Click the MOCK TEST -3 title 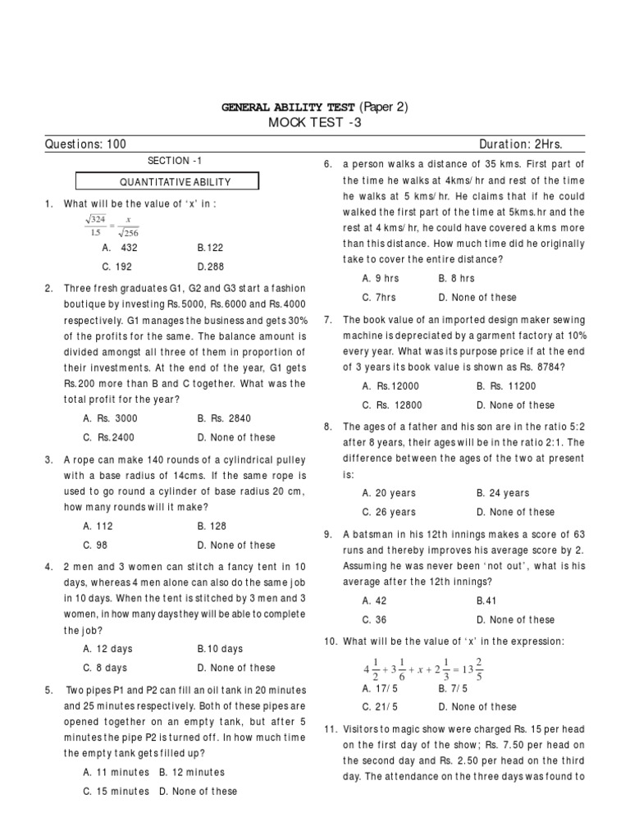pyautogui.click(x=315, y=123)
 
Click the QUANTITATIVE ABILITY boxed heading pyautogui.click(x=167, y=182)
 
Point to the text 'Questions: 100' pyautogui.click(x=85, y=144)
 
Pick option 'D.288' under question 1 pyautogui.click(x=210, y=267)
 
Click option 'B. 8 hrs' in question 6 pyautogui.click(x=457, y=279)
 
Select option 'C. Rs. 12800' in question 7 pyautogui.click(x=390, y=405)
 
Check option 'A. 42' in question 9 pyautogui.click(x=374, y=600)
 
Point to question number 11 pyautogui.click(x=331, y=728)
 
